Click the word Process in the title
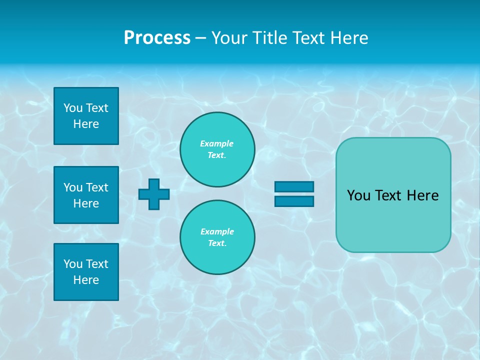157,38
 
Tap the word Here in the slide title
349,38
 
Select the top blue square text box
86,116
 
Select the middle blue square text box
86,195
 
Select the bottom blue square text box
86,272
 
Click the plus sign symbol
154,194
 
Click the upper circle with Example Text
217,149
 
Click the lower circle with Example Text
217,237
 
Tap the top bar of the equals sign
294,187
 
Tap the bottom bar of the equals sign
294,201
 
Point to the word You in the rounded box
358,195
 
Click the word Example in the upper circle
217,143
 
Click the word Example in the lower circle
217,231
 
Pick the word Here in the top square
86,124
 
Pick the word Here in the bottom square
86,280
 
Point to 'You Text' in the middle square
86,187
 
